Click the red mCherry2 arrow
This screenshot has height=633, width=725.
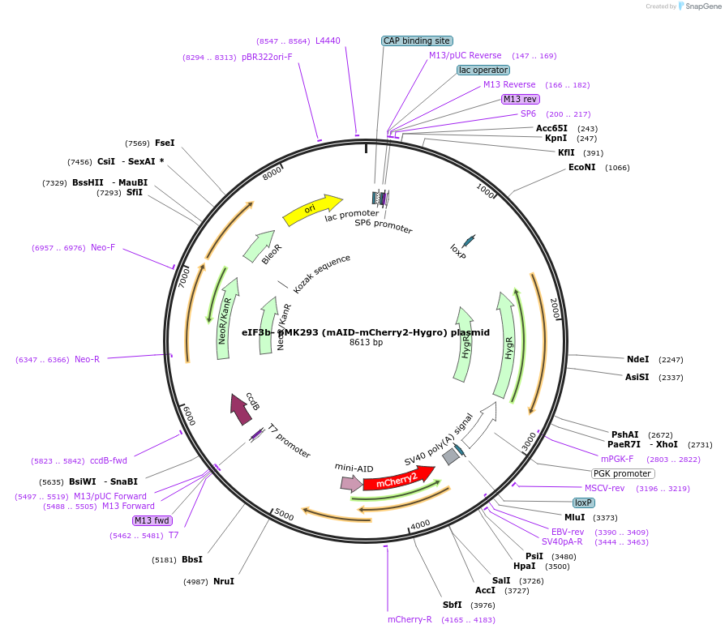(398, 480)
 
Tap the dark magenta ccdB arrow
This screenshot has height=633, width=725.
(241, 408)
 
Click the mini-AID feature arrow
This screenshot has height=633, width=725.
(351, 483)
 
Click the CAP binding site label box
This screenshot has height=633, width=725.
(417, 41)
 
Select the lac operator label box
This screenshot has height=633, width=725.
(483, 71)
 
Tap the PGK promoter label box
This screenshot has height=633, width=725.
(622, 473)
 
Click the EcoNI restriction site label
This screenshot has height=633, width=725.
(581, 168)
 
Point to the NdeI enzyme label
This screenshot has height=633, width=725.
(637, 359)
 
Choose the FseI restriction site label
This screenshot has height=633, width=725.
(165, 143)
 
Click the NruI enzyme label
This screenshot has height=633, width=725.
(224, 581)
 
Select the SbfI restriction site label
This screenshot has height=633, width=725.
(452, 605)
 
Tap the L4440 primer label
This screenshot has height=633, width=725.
(328, 41)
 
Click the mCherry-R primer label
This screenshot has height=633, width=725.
(410, 619)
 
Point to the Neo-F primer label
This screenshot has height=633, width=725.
(103, 248)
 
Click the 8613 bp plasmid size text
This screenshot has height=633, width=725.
(365, 343)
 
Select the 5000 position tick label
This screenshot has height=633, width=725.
(283, 514)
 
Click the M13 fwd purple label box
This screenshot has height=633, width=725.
(152, 520)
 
